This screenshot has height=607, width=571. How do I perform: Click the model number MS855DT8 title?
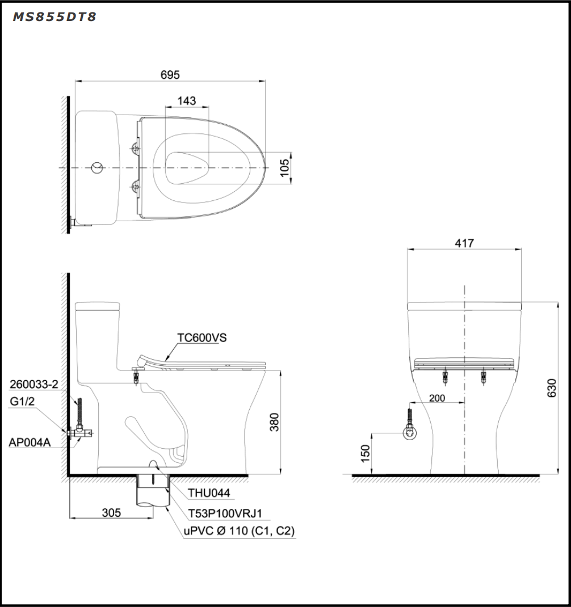click(54, 17)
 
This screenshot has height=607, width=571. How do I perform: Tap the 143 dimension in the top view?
click(186, 100)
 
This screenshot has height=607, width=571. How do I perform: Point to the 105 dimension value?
click(284, 167)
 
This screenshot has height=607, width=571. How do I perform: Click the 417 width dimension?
click(464, 243)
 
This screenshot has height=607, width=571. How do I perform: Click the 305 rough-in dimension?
click(111, 512)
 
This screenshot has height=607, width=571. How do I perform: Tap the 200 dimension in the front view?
click(436, 398)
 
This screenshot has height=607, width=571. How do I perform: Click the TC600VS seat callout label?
click(201, 338)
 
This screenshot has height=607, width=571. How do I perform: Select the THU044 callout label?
click(208, 493)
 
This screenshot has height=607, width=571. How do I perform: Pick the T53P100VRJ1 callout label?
click(225, 513)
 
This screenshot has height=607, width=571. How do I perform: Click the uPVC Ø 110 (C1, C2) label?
click(238, 531)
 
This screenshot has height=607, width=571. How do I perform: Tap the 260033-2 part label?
click(34, 384)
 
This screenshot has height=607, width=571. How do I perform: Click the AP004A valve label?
click(30, 442)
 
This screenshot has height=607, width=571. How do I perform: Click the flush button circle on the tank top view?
click(98, 168)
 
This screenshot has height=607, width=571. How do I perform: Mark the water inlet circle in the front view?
click(410, 435)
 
